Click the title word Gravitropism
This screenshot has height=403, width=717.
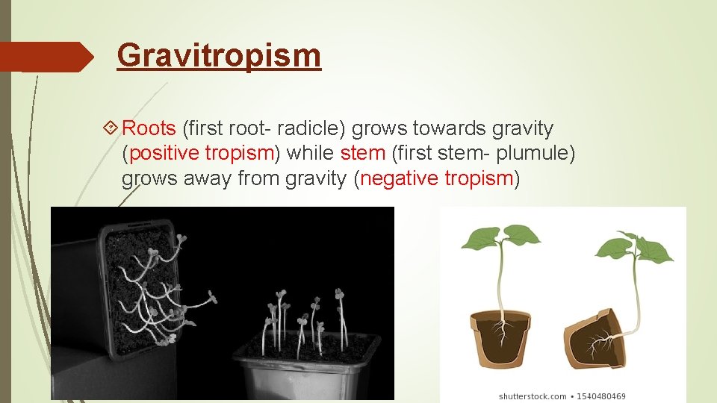pyautogui.click(x=219, y=55)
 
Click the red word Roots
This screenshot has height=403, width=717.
pyautogui.click(x=149, y=129)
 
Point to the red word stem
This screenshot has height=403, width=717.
pyautogui.click(x=363, y=154)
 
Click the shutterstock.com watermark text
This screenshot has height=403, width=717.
pyautogui.click(x=533, y=396)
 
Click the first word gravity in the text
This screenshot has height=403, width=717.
pyautogui.click(x=523, y=129)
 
